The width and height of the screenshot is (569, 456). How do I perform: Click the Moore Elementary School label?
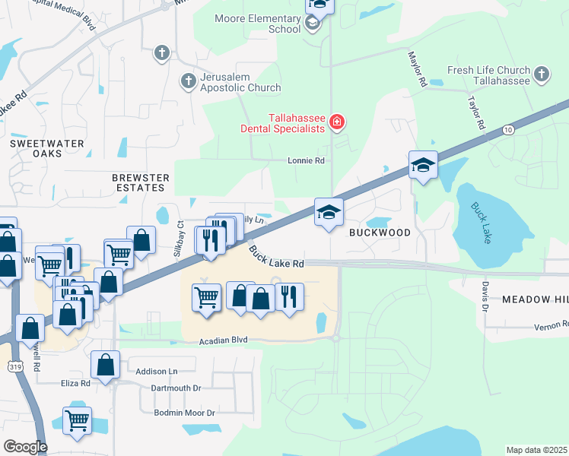click(257, 24)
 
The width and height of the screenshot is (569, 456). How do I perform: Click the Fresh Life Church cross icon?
click(541, 74)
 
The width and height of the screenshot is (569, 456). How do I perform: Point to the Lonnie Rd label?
click(306, 161)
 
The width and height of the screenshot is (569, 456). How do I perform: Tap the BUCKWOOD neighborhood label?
click(380, 233)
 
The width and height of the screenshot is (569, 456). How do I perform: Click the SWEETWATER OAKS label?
click(36, 148)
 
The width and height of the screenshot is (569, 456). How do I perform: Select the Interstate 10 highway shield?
click(507, 131)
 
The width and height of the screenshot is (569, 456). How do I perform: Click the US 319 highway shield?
click(15, 367)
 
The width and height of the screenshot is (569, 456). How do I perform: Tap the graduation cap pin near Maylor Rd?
click(423, 166)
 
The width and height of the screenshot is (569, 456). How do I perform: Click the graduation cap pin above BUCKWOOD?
click(329, 213)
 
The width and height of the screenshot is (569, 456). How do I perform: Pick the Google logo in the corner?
click(25, 447)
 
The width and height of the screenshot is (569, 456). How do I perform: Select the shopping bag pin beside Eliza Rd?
click(105, 366)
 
